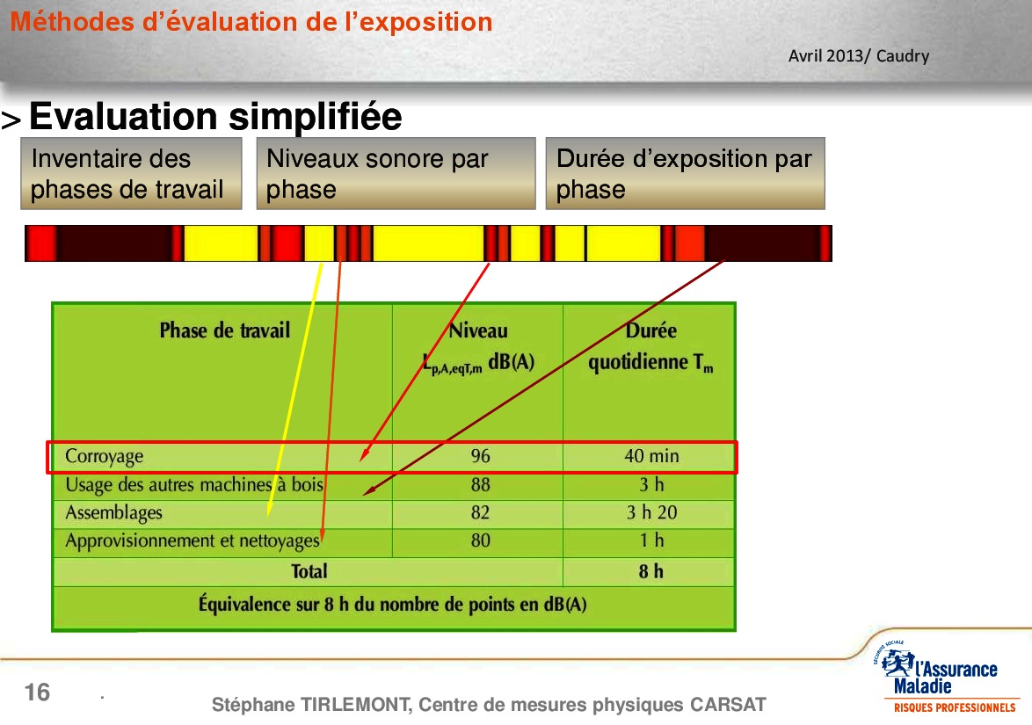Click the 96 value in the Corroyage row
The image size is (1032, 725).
[481, 456]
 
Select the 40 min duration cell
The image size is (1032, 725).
[651, 456]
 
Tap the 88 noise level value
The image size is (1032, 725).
[481, 485]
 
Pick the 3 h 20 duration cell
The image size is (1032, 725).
[651, 512]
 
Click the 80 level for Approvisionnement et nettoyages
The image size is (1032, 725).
[481, 540]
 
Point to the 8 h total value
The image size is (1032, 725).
[650, 571]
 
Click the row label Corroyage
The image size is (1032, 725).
[104, 457]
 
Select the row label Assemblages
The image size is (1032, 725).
[113, 513]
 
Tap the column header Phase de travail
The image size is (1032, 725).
[224, 330]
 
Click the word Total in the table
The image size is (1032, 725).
[309, 571]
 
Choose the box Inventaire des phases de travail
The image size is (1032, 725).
[131, 174]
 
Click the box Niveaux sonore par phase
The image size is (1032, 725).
[396, 174]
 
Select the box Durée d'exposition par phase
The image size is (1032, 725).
[685, 174]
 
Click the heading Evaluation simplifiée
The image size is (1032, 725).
[215, 117]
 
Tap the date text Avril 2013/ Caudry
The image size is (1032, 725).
[859, 56]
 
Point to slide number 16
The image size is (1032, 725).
[37, 692]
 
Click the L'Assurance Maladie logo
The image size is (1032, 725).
[947, 678]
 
